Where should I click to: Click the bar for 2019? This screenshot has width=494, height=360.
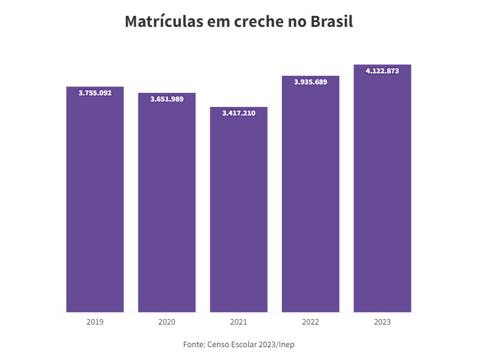(x=95, y=202)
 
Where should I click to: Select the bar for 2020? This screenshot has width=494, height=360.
(x=167, y=205)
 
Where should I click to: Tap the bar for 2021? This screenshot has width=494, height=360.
(x=238, y=211)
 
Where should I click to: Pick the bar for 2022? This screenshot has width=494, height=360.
(x=311, y=196)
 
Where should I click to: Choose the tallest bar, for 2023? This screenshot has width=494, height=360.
(x=382, y=189)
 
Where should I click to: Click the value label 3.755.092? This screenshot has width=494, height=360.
(x=95, y=93)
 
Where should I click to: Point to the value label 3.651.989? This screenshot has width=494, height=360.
(x=167, y=99)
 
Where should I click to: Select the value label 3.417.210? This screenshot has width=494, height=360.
(x=238, y=113)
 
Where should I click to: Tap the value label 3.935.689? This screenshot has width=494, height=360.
(x=311, y=82)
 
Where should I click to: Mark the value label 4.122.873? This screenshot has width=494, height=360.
(x=382, y=71)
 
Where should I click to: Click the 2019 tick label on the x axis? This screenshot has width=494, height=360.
(x=95, y=321)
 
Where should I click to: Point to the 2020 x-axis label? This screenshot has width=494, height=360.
(x=167, y=321)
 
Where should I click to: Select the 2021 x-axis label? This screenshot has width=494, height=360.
(x=238, y=321)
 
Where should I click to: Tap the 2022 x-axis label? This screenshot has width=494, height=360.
(x=311, y=321)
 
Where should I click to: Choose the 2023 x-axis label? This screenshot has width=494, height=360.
(x=382, y=321)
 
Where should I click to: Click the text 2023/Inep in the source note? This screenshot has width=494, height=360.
(x=278, y=345)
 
